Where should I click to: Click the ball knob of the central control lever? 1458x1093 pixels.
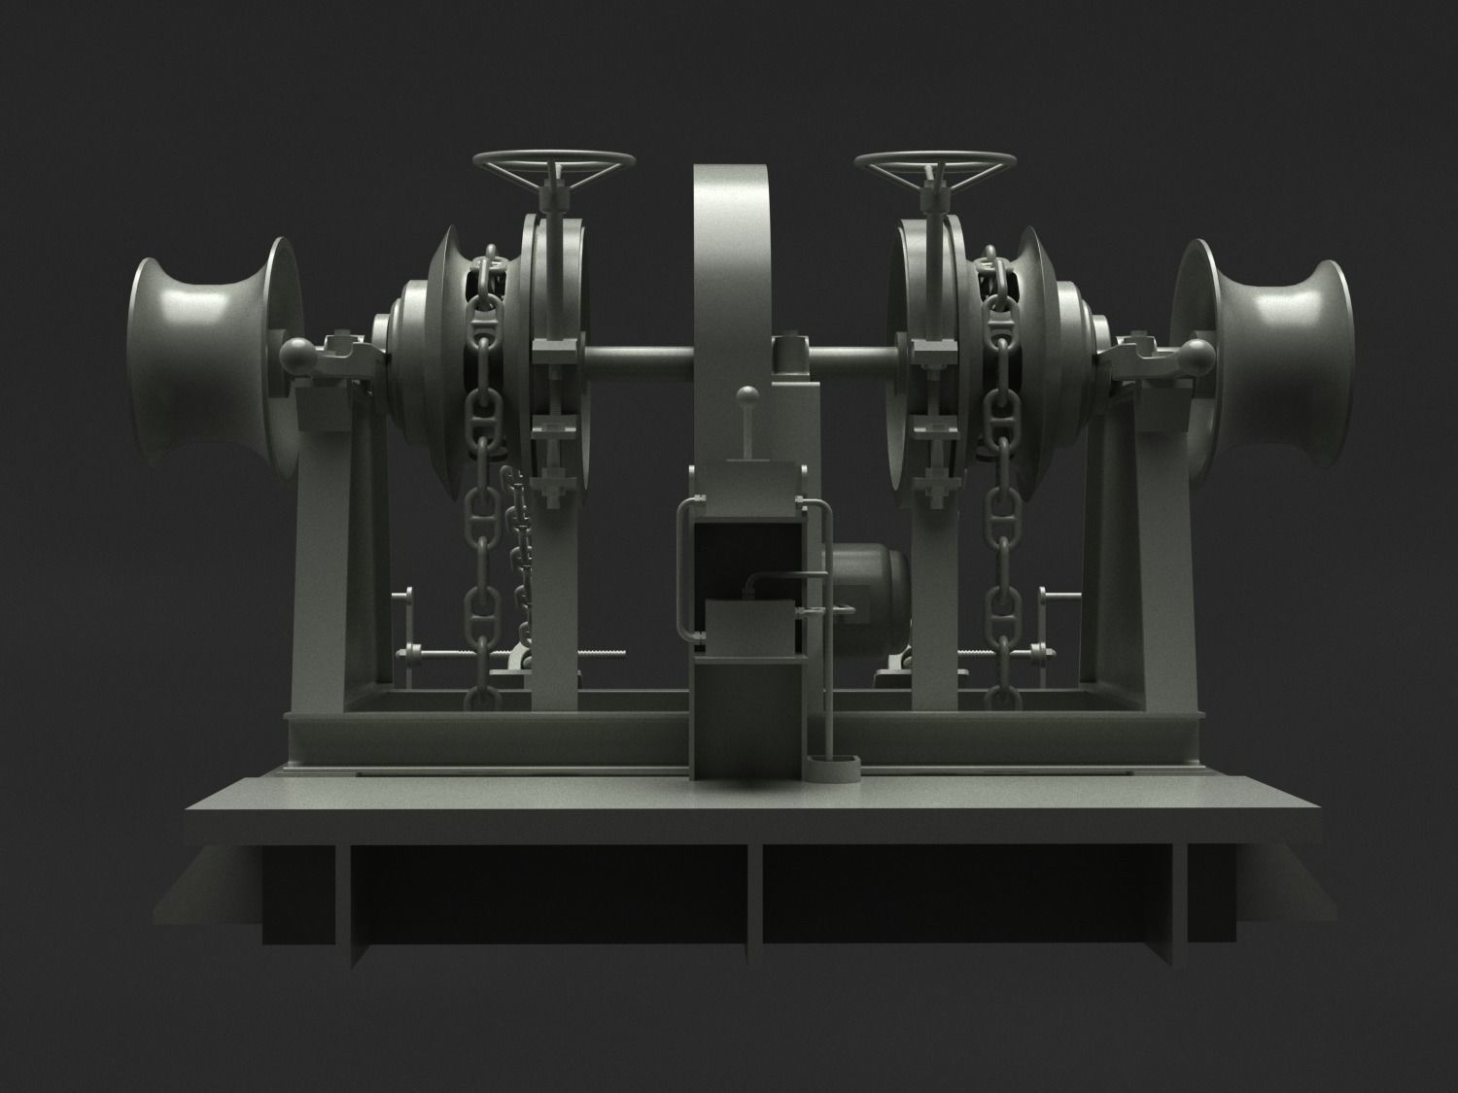pyautogui.click(x=747, y=394)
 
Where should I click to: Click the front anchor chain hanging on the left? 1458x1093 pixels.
pyautogui.click(x=480, y=505)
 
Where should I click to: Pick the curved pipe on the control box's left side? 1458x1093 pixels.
pyautogui.click(x=684, y=573)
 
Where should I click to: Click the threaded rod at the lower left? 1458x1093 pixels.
pyautogui.click(x=583, y=654)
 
